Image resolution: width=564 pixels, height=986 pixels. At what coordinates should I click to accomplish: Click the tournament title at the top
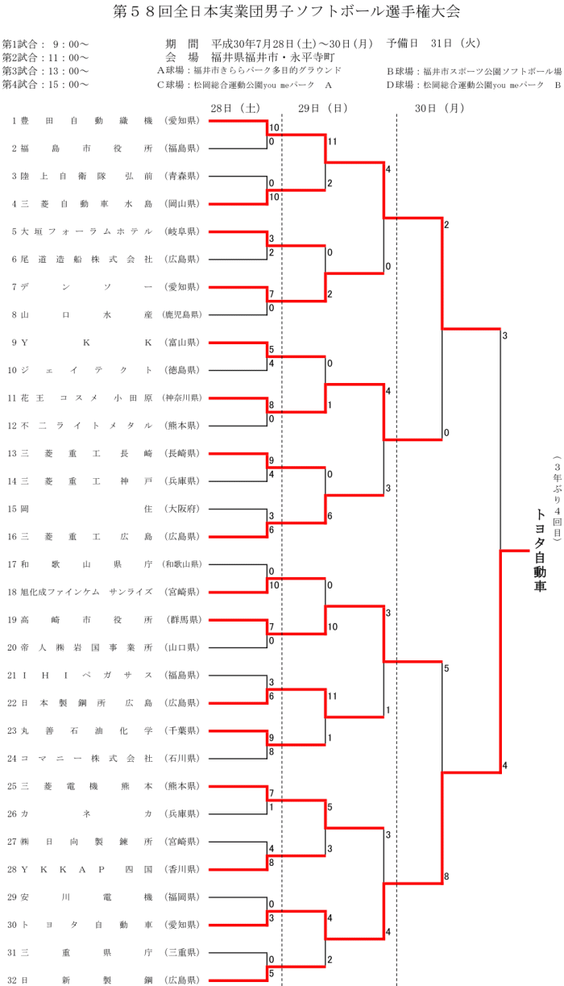tap(282, 13)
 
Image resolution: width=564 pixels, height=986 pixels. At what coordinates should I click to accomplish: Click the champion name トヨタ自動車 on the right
tap(541, 550)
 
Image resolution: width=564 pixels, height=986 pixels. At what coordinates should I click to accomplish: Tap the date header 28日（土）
tap(234, 107)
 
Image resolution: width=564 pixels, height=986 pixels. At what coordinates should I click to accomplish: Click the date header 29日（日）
tap(322, 107)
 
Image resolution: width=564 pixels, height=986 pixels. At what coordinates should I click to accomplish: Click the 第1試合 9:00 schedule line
tap(46, 44)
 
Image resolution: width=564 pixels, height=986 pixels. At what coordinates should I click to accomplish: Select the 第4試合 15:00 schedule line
tap(46, 84)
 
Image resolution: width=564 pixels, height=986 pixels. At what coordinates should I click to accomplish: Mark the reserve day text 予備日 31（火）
tap(433, 44)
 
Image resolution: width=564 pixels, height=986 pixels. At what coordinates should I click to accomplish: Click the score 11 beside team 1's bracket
tap(331, 142)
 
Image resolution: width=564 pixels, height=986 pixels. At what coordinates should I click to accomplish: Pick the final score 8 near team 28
tap(446, 876)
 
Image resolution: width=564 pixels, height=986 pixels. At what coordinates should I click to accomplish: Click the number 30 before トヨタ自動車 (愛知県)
tap(12, 924)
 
